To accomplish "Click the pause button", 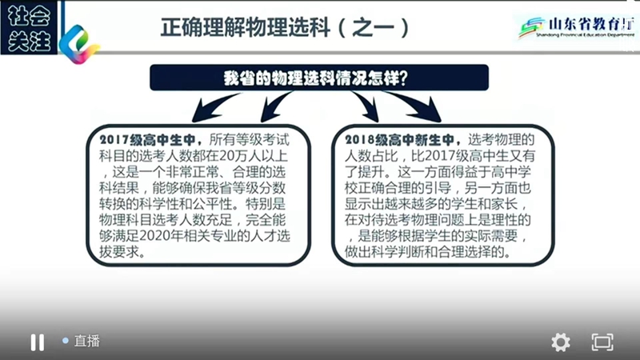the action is [37, 342].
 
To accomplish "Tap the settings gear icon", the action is [561, 342].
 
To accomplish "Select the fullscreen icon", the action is [602, 342].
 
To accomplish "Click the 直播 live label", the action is [87, 341].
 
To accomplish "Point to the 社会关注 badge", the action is [29, 28].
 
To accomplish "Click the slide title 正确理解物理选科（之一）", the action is [285, 28].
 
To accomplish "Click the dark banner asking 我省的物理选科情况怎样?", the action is [319, 78].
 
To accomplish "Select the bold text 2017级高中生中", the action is [147, 140].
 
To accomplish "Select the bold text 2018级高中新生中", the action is [399, 140].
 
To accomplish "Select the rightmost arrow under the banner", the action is [416, 107].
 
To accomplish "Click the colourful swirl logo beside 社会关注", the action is [79, 44].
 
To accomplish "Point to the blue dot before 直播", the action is [66, 340].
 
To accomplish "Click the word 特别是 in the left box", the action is [266, 204].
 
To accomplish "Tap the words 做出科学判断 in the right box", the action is [384, 252].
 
